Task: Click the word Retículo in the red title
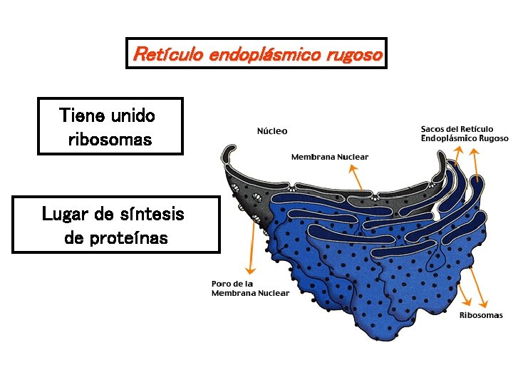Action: [x=167, y=54]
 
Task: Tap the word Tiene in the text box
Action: [x=82, y=115]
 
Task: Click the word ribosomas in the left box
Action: [x=110, y=139]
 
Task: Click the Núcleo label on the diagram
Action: [x=272, y=131]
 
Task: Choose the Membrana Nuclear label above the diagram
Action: [x=330, y=157]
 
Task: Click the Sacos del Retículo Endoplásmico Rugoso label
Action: [x=464, y=133]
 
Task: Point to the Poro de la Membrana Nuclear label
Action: [x=250, y=288]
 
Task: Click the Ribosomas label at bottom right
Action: [x=481, y=315]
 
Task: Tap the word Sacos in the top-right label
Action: [x=432, y=129]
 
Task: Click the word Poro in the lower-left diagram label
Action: [x=222, y=283]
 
